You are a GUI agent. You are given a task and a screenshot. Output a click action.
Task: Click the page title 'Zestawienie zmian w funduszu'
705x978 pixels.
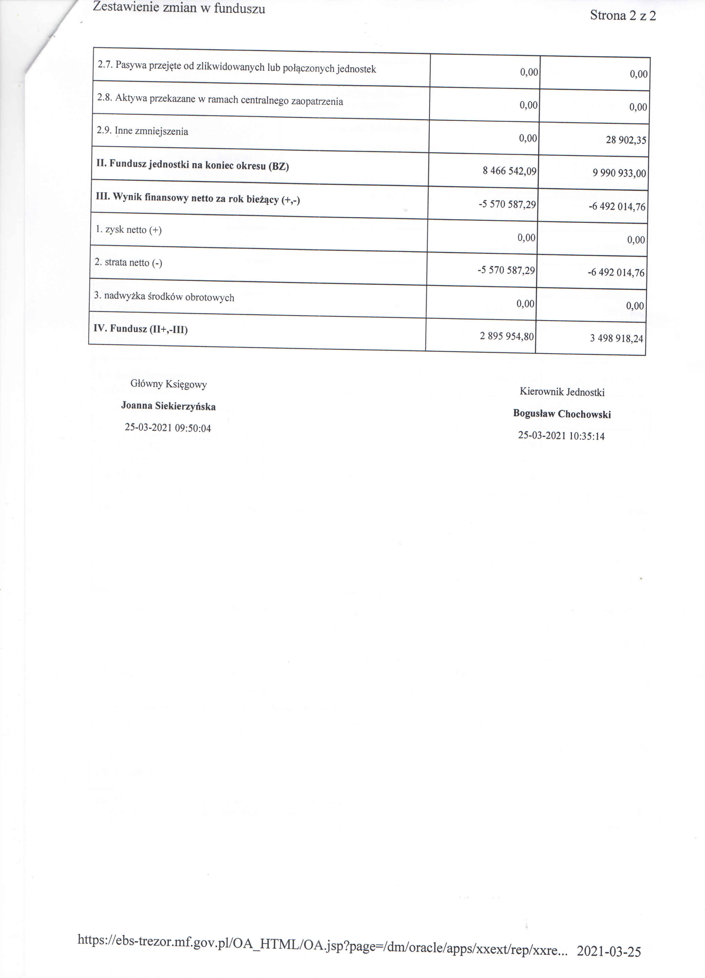[x=179, y=8]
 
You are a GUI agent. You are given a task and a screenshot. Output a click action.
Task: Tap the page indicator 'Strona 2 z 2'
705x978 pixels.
[x=623, y=16]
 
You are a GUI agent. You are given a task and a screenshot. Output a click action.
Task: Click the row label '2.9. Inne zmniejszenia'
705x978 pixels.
[x=143, y=131]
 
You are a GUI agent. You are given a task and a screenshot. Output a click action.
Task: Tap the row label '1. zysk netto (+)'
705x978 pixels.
[x=128, y=230]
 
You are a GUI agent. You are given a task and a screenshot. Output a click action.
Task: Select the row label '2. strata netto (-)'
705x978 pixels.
[x=128, y=263]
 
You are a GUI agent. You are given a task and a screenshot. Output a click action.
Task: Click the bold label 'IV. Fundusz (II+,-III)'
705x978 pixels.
[x=141, y=329]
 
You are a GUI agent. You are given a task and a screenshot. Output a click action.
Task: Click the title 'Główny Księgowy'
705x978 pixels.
[x=168, y=384]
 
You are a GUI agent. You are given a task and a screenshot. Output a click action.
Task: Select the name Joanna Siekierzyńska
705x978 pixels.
[x=168, y=406]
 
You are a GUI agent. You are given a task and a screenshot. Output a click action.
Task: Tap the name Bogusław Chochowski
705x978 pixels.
[x=561, y=414]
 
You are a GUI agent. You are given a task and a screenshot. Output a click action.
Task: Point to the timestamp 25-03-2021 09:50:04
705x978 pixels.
[x=168, y=428]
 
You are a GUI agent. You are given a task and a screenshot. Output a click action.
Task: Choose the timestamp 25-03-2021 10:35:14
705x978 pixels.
[x=561, y=436]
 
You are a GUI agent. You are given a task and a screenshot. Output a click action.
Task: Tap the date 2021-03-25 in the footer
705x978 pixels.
[x=609, y=951]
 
